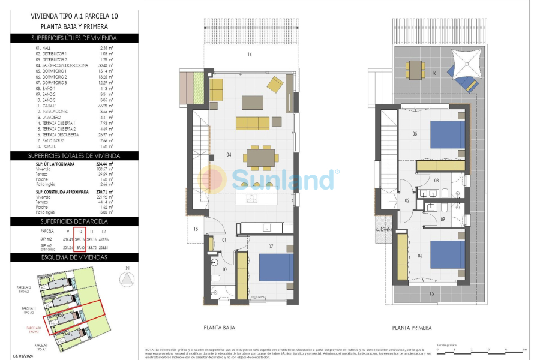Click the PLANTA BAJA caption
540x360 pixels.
[219, 328]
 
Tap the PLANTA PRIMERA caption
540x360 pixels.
[412, 328]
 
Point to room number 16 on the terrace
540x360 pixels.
[433, 73]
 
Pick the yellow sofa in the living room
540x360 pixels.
[253, 123]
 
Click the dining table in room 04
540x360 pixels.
[260, 158]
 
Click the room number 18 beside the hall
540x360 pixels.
[196, 229]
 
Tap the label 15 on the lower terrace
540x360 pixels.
[431, 293]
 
